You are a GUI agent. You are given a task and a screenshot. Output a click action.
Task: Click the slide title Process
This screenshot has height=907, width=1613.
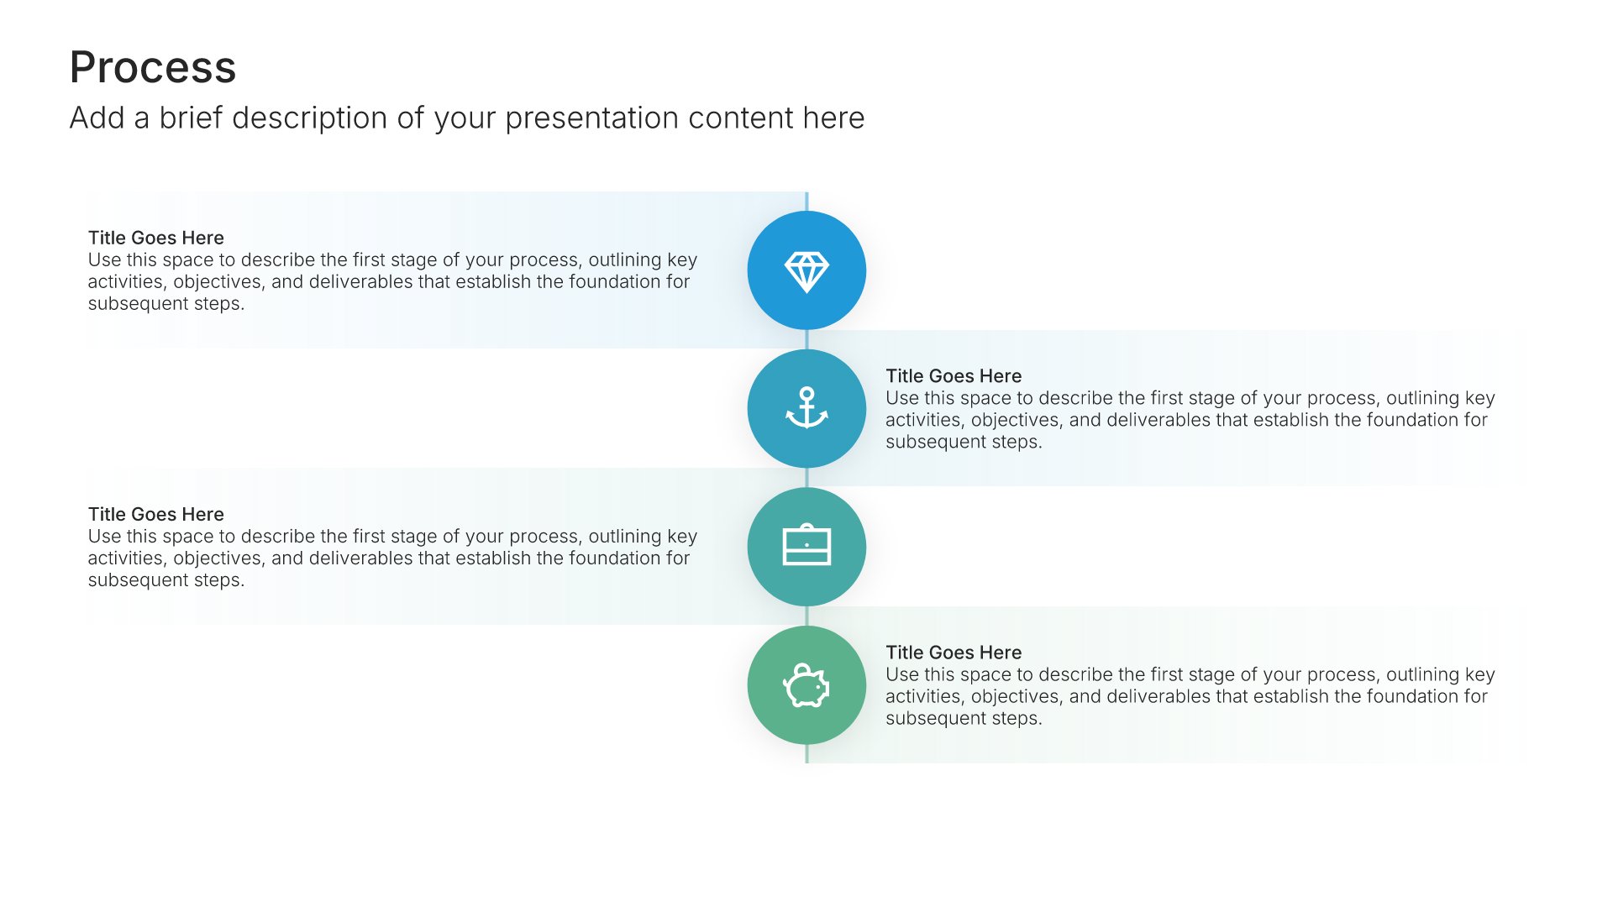pos(153,67)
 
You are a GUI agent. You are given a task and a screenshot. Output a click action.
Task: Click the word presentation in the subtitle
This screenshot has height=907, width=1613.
pos(592,119)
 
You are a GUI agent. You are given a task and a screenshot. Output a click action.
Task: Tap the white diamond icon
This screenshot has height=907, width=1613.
pos(806,271)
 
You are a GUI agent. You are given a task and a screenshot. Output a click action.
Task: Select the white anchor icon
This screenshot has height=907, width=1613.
pos(806,408)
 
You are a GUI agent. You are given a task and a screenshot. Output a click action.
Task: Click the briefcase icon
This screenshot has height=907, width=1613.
pos(806,546)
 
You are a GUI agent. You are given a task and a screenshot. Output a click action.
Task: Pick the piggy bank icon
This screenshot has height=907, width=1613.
pos(806,685)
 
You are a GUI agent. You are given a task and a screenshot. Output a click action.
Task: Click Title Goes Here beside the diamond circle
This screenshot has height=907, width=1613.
pos(156,238)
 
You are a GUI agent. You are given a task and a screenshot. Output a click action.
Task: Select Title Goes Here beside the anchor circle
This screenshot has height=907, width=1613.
pos(954,376)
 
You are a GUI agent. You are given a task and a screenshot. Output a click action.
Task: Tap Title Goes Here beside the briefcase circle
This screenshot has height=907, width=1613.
pos(156,514)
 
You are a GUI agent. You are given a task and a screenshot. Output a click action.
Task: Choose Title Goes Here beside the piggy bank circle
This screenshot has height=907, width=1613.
pos(954,653)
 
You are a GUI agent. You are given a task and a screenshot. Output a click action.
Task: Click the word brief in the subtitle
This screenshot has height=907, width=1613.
pos(191,118)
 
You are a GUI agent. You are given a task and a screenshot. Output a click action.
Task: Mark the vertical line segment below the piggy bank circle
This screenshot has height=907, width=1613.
pos(806,753)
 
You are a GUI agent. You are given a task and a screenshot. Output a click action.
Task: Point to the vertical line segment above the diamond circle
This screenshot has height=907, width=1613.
pos(806,202)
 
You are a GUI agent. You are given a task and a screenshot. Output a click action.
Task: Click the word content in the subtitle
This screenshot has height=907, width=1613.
pos(740,118)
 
